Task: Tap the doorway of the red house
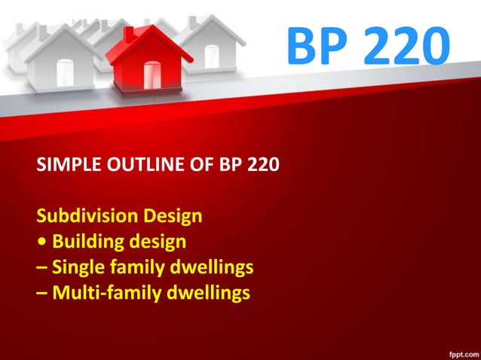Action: (152, 75)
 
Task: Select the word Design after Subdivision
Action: (170, 217)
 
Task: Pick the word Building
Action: (86, 243)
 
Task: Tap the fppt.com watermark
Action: (460, 352)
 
